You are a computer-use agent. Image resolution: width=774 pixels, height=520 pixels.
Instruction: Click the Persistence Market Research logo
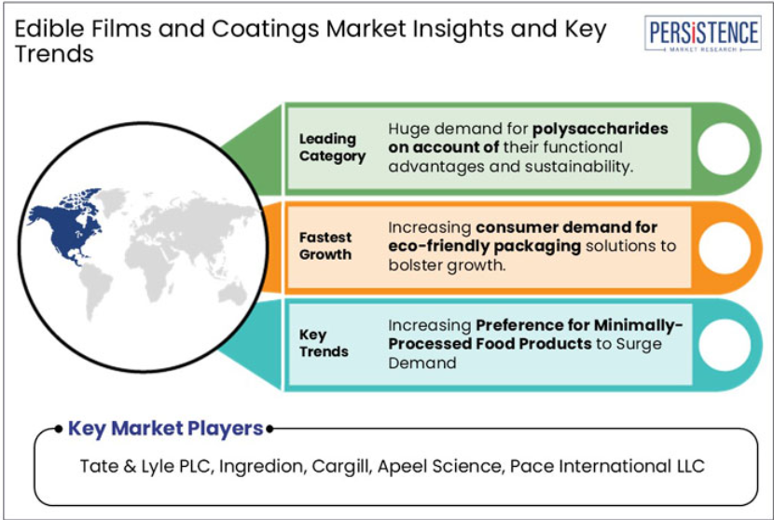pyautogui.click(x=702, y=33)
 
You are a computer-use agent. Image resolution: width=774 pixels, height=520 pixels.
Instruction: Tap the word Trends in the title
pyautogui.click(x=54, y=54)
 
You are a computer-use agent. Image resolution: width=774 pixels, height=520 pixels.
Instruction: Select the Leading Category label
pyautogui.click(x=332, y=147)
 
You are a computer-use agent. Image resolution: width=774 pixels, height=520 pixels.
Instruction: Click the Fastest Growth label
pyautogui.click(x=325, y=246)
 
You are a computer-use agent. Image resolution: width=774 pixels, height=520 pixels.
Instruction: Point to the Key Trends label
pyautogui.click(x=324, y=343)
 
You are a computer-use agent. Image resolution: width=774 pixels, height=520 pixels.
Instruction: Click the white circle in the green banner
pyautogui.click(x=724, y=148)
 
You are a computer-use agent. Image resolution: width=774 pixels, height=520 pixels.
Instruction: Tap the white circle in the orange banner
pyautogui.click(x=724, y=248)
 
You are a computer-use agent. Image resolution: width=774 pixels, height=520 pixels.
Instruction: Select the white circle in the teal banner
pyautogui.click(x=725, y=345)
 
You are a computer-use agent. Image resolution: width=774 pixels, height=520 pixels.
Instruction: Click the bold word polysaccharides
pyautogui.click(x=601, y=130)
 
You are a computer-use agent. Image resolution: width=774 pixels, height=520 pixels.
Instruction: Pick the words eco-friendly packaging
pyautogui.click(x=484, y=246)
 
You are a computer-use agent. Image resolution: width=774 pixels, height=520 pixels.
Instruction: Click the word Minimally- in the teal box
pyautogui.click(x=638, y=325)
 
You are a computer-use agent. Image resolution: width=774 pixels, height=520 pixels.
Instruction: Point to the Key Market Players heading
pyautogui.click(x=165, y=429)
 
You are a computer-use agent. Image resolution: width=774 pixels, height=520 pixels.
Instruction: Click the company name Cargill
pyautogui.click(x=341, y=466)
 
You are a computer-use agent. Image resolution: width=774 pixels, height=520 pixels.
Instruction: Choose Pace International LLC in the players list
pyautogui.click(x=607, y=466)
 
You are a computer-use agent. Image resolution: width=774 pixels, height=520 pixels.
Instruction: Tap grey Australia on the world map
pyautogui.click(x=232, y=294)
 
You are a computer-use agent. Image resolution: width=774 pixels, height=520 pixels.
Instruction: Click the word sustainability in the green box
pyautogui.click(x=578, y=167)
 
